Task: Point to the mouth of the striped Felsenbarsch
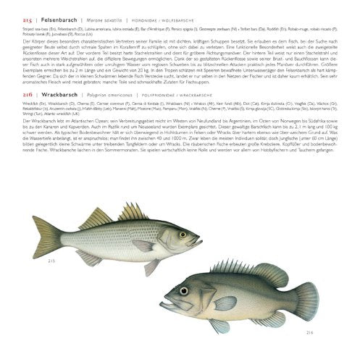point(199,241)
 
